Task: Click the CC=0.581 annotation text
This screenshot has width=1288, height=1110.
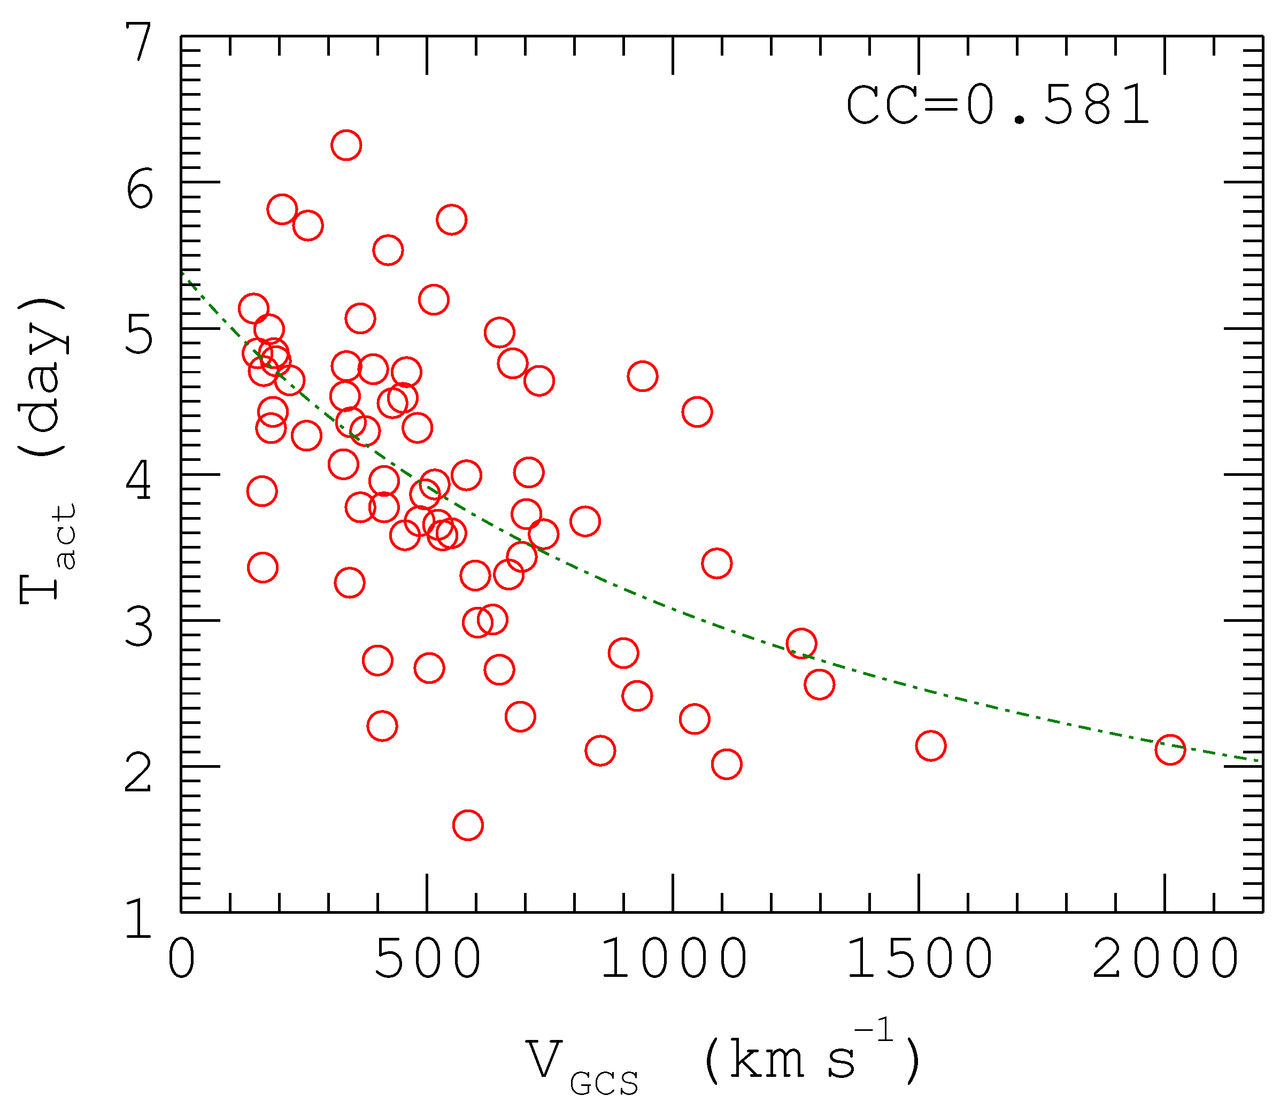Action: tap(997, 106)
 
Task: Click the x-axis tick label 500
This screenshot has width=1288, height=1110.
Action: tap(427, 959)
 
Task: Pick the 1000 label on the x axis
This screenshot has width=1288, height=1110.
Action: tap(673, 959)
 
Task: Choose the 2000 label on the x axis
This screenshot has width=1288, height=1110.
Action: tap(1165, 959)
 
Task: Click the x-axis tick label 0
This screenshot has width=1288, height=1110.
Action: tap(181, 959)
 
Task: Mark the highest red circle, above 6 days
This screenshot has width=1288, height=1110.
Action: tap(346, 145)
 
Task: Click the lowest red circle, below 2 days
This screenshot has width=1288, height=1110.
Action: tap(468, 826)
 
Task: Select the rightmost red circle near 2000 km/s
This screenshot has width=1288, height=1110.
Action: tap(1170, 750)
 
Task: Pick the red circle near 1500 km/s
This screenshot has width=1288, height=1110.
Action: tap(930, 746)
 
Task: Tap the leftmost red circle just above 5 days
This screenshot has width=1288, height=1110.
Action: tap(253, 309)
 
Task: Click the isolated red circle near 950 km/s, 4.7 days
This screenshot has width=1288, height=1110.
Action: tap(643, 376)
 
